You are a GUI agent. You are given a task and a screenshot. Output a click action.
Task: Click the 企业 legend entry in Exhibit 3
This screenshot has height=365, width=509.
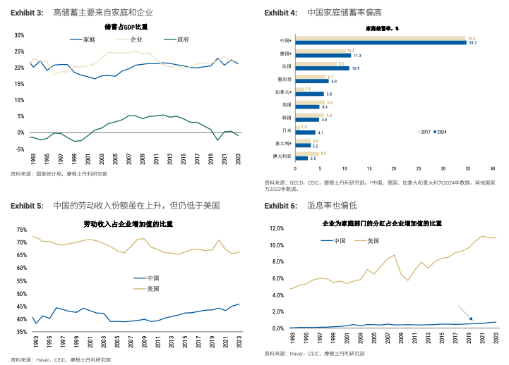[x=132, y=39]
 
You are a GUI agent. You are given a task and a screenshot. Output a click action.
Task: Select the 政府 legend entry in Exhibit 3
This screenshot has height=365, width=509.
[x=177, y=39]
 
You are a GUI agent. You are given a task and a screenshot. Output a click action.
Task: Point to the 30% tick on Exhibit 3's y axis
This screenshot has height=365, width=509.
[x=19, y=35]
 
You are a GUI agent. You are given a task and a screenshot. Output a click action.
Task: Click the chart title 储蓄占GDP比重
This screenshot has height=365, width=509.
[x=126, y=27]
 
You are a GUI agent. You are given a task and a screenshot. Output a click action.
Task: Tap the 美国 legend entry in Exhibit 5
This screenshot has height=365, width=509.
[x=147, y=289]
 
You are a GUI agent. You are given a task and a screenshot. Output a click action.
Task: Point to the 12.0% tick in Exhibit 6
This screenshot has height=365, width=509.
[x=275, y=229]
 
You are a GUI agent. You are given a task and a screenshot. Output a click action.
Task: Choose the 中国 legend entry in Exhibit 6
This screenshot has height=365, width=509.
[x=334, y=240]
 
